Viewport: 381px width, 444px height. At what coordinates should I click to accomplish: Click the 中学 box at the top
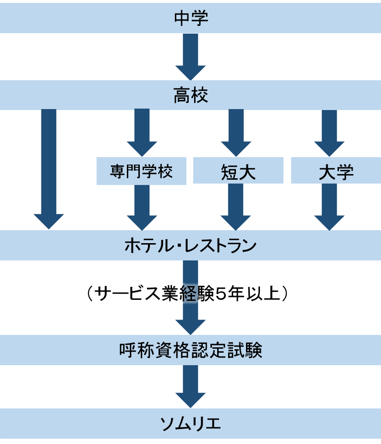point(190,18)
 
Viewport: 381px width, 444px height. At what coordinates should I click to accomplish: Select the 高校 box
point(190,96)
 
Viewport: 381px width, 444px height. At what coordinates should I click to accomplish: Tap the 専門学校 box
point(141,172)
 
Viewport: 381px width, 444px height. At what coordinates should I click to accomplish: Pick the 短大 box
point(238,172)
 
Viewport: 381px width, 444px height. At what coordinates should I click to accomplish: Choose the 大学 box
point(335,172)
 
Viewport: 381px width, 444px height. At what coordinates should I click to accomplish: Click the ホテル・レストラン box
point(190,246)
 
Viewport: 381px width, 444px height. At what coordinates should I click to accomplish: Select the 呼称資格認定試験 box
point(190,350)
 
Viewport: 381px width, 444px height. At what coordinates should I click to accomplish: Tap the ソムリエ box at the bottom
point(190,423)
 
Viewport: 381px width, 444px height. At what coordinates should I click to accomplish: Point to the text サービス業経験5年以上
point(187,294)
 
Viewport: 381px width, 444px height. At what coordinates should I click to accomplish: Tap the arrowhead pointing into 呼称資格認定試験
point(190,327)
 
